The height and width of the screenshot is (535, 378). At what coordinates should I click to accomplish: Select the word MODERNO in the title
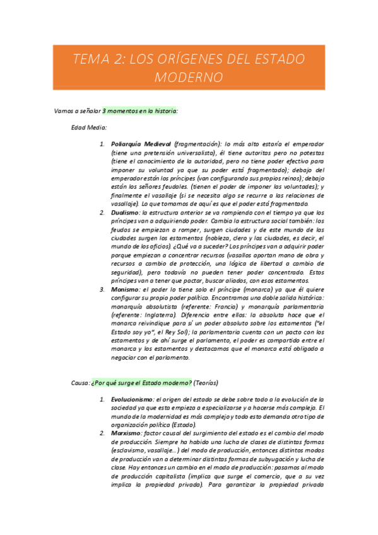coord(189,78)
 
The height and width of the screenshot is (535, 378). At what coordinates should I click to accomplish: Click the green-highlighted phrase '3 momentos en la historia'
coord(140,111)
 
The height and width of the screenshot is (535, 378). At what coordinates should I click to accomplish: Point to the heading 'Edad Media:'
coord(89,127)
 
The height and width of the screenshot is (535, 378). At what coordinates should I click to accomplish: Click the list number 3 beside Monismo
coord(102,289)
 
